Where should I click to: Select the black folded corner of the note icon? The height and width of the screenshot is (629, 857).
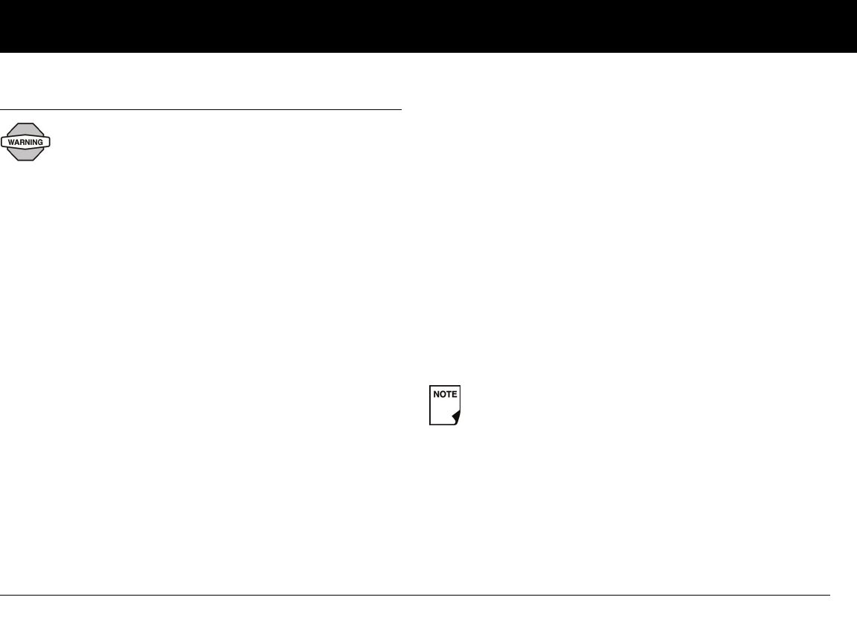pyautogui.click(x=456, y=419)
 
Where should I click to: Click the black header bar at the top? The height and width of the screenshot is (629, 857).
pyautogui.click(x=428, y=26)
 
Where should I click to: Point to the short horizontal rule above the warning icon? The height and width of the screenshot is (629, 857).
pyautogui.click(x=201, y=110)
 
